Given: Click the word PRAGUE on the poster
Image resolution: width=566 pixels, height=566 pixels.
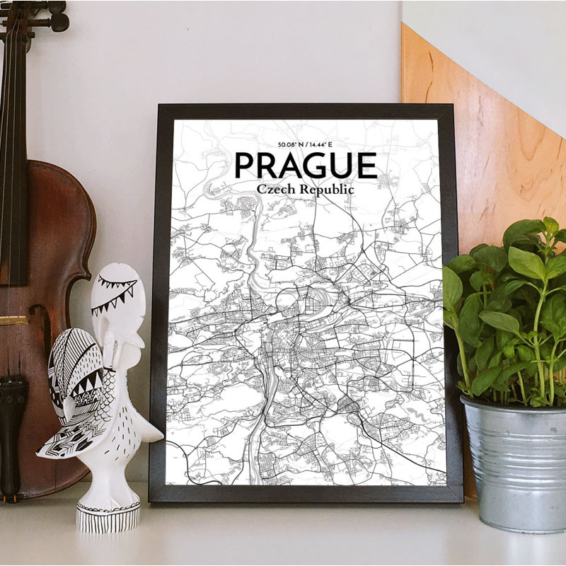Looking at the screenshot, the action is click(x=305, y=166).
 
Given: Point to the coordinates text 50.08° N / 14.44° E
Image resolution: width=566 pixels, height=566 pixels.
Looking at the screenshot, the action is click(x=305, y=144).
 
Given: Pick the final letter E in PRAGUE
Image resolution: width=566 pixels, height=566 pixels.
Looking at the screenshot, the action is click(x=366, y=166).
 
